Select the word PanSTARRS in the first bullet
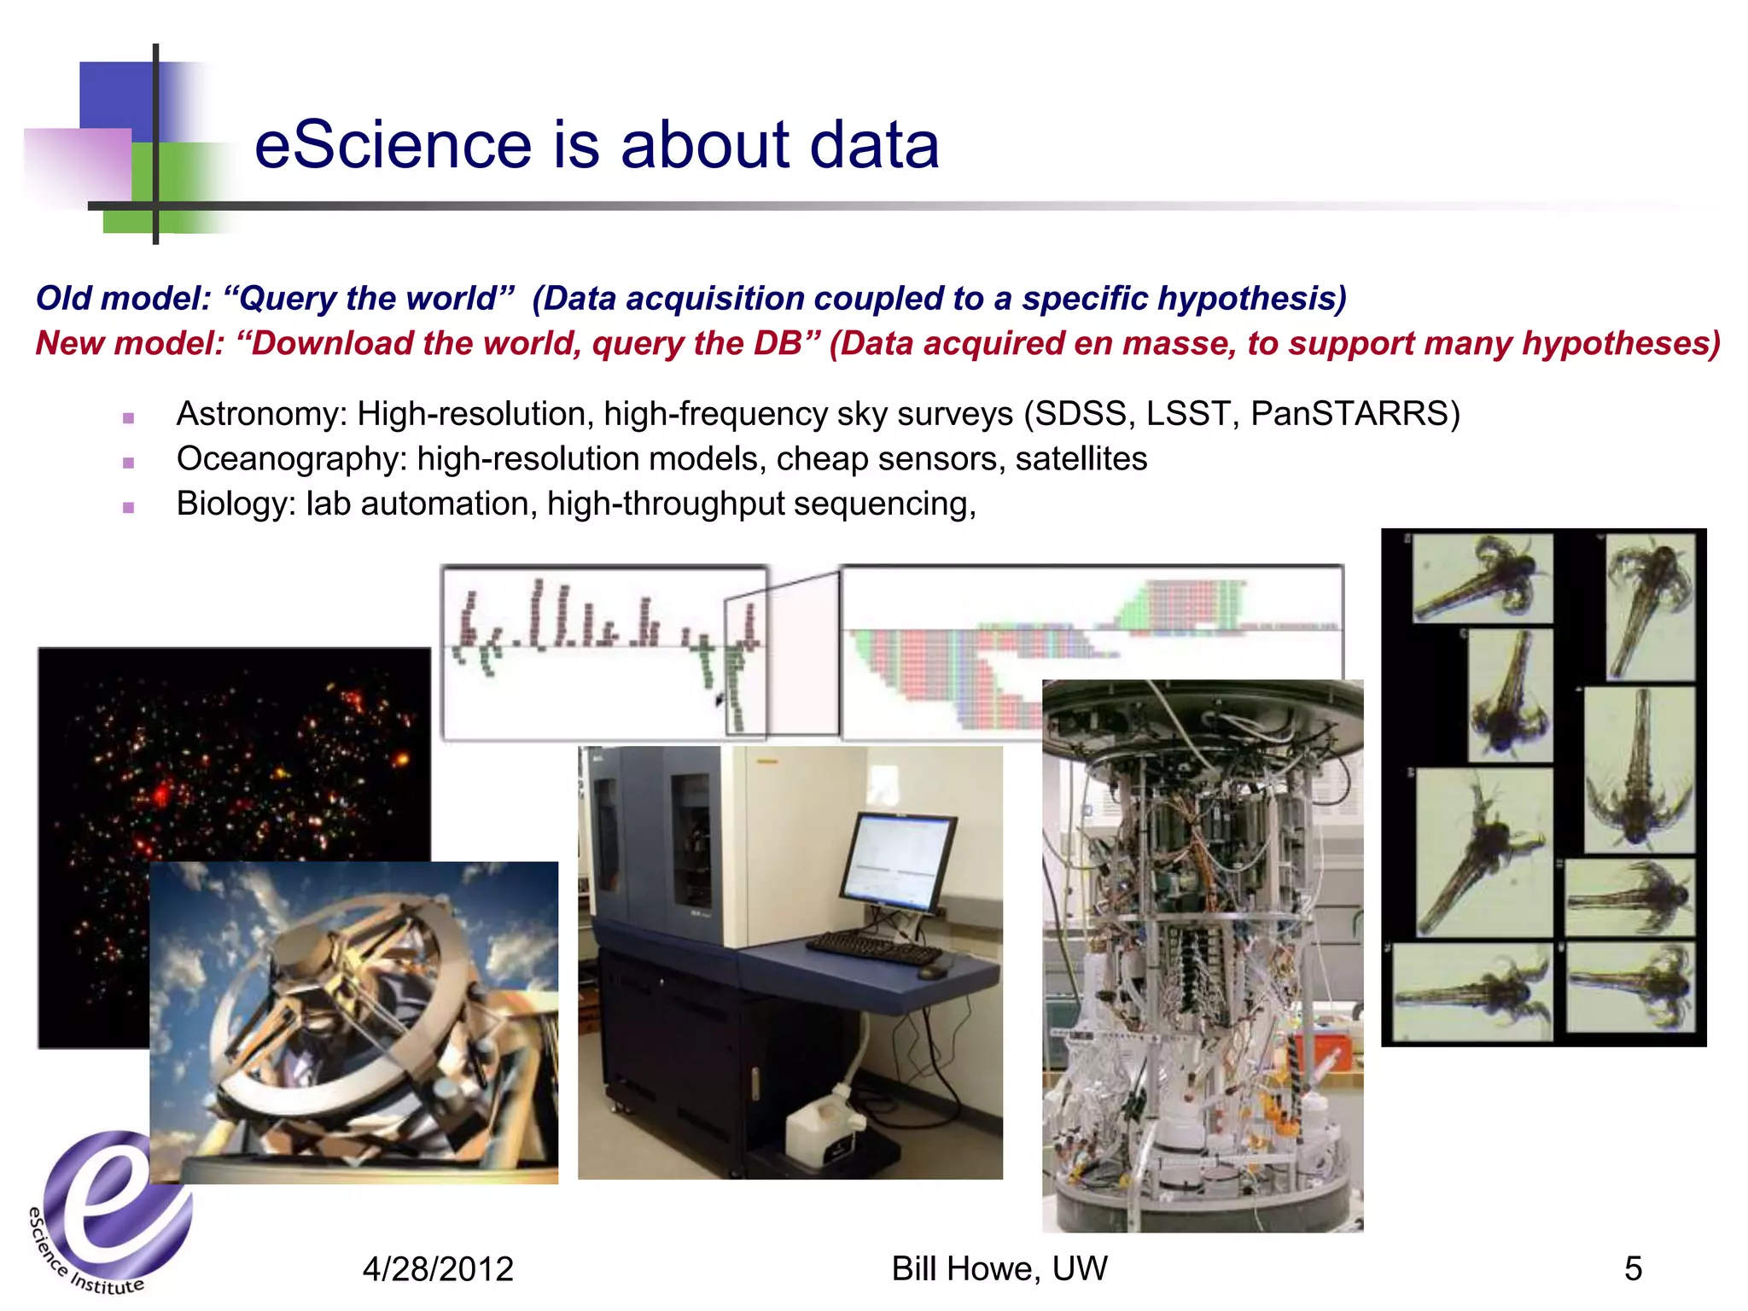(1348, 414)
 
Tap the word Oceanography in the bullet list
(287, 459)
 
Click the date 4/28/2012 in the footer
(438, 1269)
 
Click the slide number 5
(1633, 1269)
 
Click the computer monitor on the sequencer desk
(898, 862)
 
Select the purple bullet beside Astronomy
(129, 418)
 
